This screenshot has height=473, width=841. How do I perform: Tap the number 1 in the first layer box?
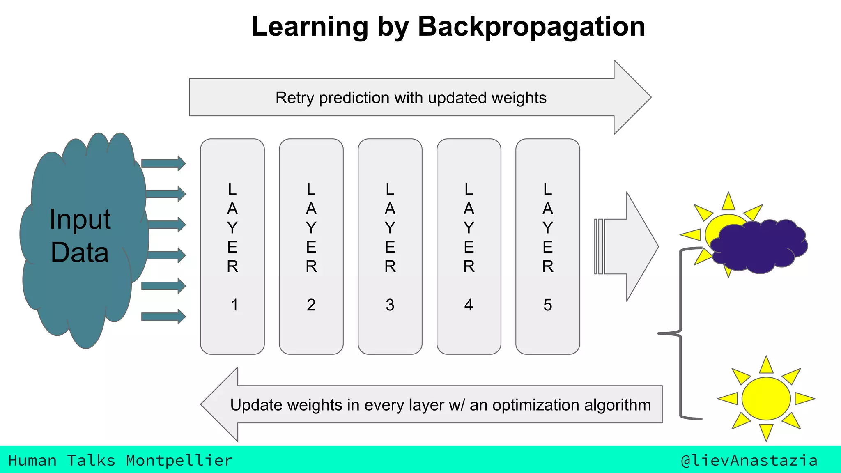pyautogui.click(x=234, y=305)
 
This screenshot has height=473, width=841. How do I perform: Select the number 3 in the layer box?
pyautogui.click(x=390, y=305)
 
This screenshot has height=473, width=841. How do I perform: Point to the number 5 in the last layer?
pyautogui.click(x=547, y=305)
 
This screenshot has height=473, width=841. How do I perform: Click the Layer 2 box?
pyautogui.click(x=311, y=246)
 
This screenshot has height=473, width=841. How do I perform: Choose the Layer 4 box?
pyautogui.click(x=469, y=246)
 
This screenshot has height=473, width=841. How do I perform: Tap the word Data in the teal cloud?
pyautogui.click(x=80, y=252)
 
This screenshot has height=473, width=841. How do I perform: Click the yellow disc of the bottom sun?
pyautogui.click(x=766, y=398)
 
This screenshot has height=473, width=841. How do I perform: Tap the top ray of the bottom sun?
pyautogui.click(x=766, y=365)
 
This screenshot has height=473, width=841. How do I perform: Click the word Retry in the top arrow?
pyautogui.click(x=294, y=98)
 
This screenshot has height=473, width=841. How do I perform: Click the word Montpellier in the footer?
pyautogui.click(x=179, y=461)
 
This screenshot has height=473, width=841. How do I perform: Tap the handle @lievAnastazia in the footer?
pyautogui.click(x=749, y=461)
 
